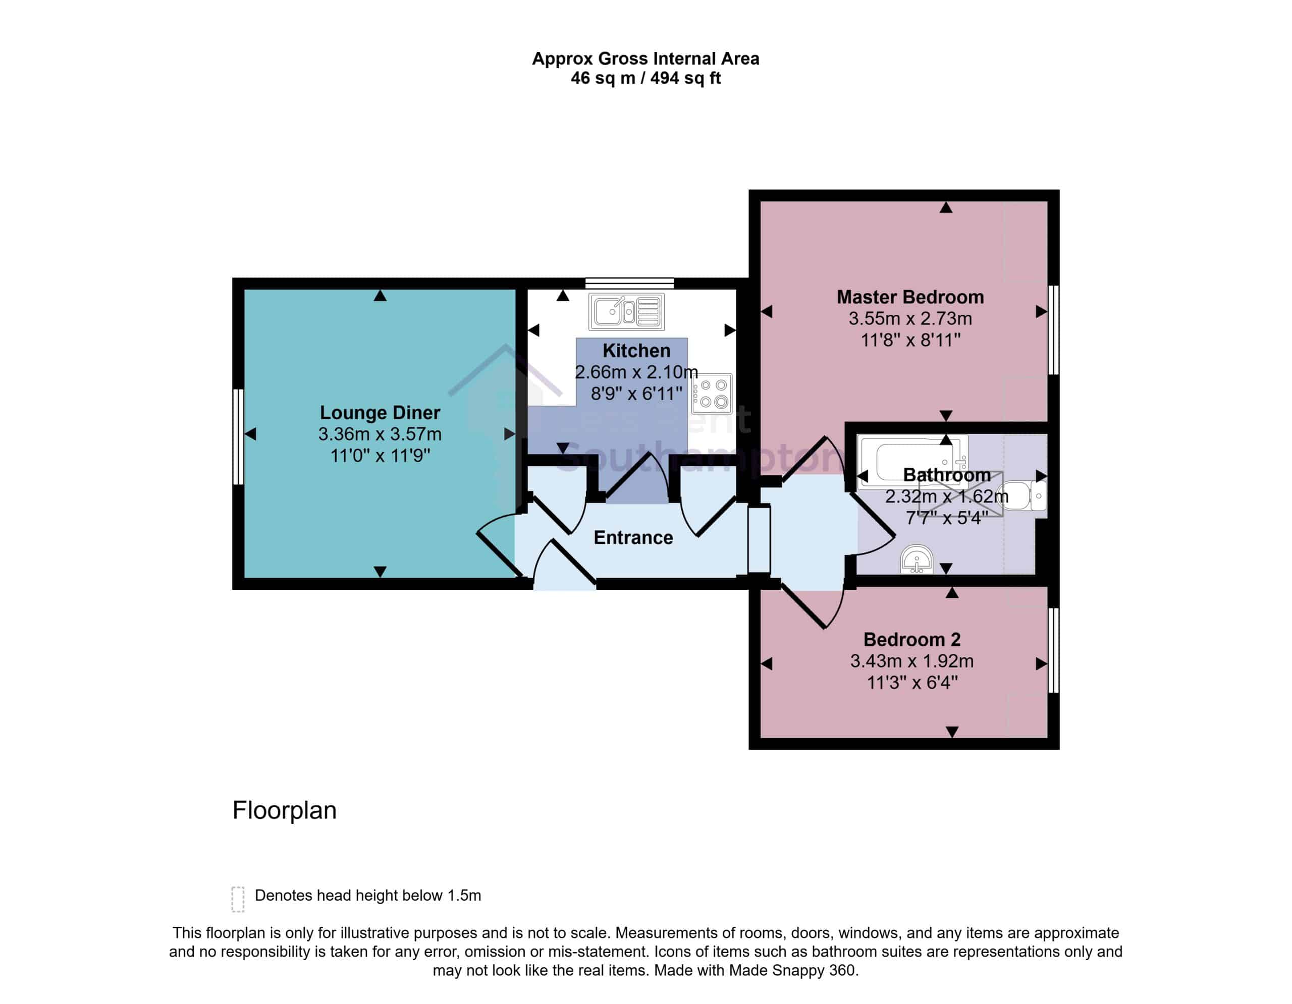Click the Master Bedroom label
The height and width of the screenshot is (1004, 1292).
[910, 297]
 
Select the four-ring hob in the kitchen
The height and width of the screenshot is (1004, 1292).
[712, 393]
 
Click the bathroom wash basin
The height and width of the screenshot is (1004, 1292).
[917, 560]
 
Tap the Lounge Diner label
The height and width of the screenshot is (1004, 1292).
[380, 412]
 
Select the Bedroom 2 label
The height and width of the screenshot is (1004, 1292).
[911, 639]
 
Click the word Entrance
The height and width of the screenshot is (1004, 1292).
[633, 537]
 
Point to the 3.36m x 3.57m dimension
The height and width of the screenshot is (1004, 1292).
[380, 434]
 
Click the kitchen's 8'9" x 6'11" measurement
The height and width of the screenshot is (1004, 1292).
[636, 393]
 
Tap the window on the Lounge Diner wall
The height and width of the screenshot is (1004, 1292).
[238, 436]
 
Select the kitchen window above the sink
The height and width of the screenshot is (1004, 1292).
[629, 283]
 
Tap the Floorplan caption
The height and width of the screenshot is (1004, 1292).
[285, 810]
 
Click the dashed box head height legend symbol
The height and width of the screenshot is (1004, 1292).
[238, 900]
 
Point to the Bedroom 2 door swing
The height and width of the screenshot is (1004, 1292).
[812, 608]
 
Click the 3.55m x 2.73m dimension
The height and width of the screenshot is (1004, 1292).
[910, 319]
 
